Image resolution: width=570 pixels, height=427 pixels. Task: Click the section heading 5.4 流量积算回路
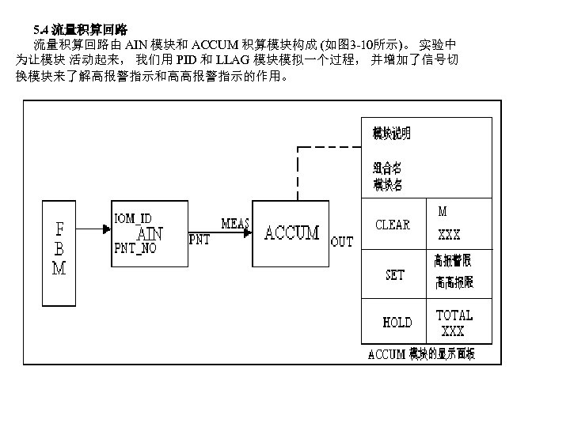coord(87,28)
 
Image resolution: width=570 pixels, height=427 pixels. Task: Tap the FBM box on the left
coord(59,251)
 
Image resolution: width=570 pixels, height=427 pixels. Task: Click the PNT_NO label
coord(135,248)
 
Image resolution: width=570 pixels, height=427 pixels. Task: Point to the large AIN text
coord(150,233)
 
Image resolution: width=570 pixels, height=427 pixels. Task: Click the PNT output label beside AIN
coord(199,239)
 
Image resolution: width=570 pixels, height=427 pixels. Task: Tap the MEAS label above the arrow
coord(235,224)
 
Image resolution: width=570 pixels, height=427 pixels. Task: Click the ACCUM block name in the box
coord(291,232)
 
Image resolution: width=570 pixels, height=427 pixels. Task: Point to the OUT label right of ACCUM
coord(342,242)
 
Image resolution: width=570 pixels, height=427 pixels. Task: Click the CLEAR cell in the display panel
coord(392,225)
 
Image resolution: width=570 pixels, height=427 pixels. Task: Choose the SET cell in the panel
coord(394,275)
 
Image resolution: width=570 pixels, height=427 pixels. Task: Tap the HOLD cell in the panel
coord(397,323)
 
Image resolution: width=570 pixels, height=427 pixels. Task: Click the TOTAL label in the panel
coord(454,315)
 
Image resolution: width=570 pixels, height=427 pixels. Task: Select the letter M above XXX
coord(442,211)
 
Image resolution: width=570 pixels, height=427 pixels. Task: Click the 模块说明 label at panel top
coord(392,134)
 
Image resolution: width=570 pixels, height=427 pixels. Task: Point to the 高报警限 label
coord(453,259)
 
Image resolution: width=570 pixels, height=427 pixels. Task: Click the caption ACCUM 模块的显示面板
coord(421,354)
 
